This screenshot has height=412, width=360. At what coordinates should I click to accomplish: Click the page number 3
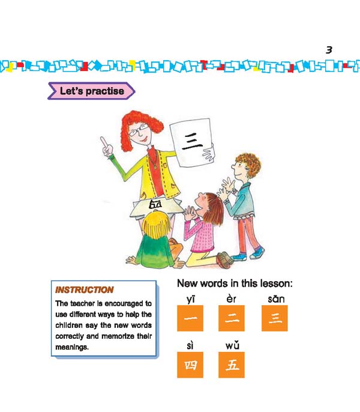tap(329, 50)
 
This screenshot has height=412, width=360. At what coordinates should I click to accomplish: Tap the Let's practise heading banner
tap(91, 91)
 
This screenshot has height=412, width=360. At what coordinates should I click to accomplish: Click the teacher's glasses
tap(136, 129)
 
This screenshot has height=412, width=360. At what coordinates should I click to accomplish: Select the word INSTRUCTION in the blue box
tap(84, 289)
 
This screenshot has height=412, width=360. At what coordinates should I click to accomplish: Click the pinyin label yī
tap(190, 298)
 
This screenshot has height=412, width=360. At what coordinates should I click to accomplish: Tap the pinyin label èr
tap(231, 298)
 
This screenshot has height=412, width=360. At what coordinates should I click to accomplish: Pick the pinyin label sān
tap(275, 298)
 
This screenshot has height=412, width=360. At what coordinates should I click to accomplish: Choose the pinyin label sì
tap(190, 347)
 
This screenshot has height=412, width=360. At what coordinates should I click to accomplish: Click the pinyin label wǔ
tap(232, 347)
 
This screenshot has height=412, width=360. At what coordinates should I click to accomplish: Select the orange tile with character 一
tap(190, 318)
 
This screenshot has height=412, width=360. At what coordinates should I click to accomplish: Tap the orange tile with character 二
tap(231, 318)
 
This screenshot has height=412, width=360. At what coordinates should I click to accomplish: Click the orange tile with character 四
tap(190, 365)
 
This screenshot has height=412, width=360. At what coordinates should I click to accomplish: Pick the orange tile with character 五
tap(231, 365)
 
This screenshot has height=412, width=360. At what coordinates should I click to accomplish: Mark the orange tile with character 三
tap(275, 318)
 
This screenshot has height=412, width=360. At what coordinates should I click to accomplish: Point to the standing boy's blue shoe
tap(240, 256)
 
